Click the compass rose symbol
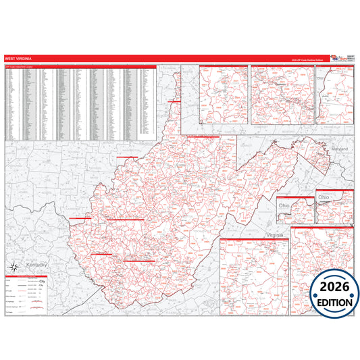point(11,266)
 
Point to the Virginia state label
point(275,234)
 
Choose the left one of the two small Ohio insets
point(294,210)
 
